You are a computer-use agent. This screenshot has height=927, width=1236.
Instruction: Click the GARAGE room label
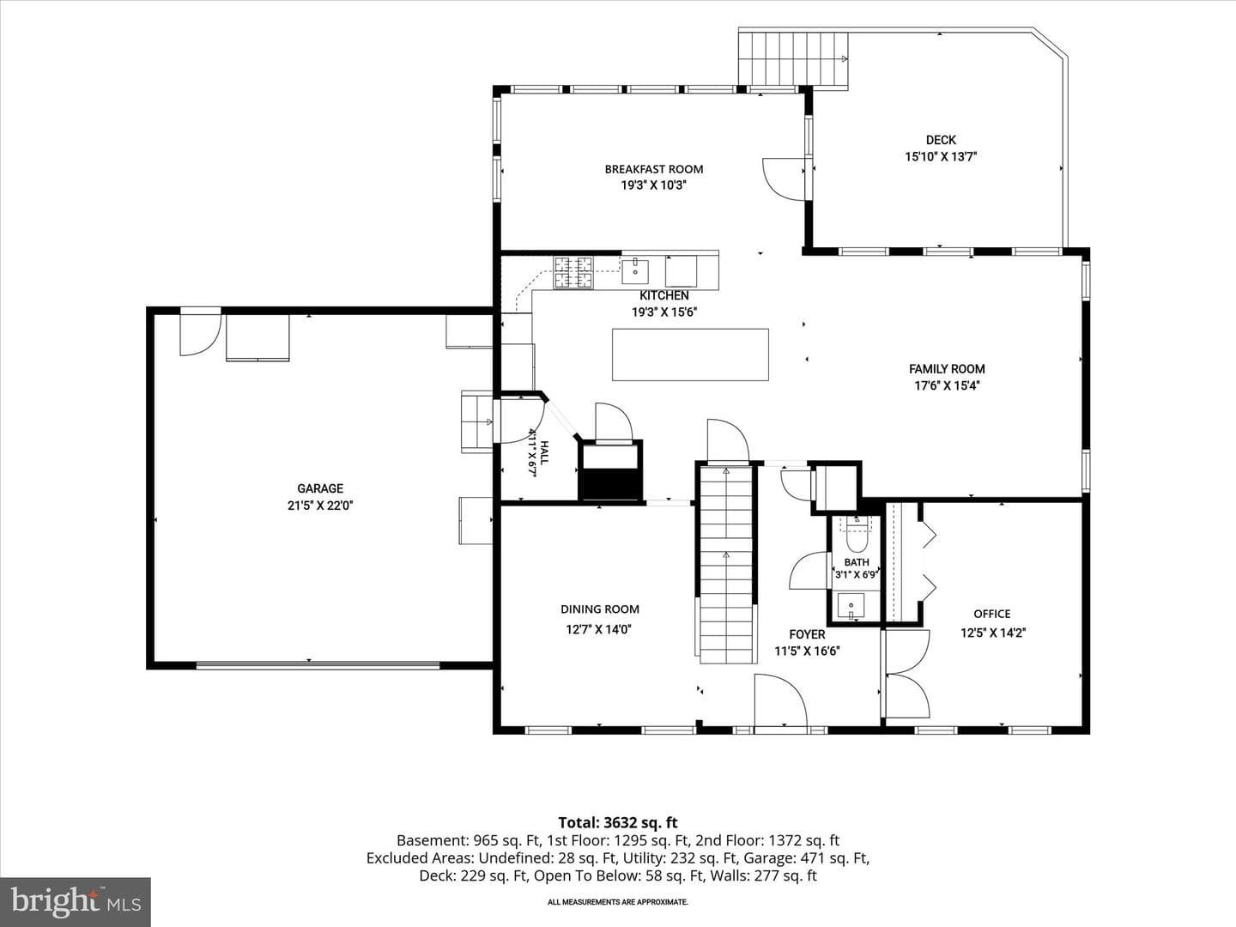coord(320,488)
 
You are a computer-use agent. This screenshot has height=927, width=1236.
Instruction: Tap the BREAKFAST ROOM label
coord(654,169)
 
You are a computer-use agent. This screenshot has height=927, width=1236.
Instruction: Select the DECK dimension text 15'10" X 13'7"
coord(941,156)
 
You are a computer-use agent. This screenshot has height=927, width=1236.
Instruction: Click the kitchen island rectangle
coord(690,354)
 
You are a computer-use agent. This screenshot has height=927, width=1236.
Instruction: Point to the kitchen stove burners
coord(573,272)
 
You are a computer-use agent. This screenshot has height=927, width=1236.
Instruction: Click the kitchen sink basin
coord(635,272)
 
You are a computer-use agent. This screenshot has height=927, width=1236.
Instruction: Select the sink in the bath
coord(851,607)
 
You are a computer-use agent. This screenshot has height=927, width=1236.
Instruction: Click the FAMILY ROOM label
coord(947,369)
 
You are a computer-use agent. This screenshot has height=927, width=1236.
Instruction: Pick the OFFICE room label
coord(992,614)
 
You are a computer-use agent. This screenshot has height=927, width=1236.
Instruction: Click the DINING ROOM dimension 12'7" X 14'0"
coord(599,629)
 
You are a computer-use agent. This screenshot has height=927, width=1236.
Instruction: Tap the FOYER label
coord(807,634)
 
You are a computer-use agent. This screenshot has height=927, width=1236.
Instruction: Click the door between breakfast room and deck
coord(784,179)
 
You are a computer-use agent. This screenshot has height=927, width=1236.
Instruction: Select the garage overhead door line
coord(318,664)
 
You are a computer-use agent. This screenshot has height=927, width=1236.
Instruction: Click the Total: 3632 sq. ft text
coord(618,823)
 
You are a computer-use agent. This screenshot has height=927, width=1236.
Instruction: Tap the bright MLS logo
coord(76,901)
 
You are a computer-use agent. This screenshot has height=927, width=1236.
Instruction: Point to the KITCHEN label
coord(663,295)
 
